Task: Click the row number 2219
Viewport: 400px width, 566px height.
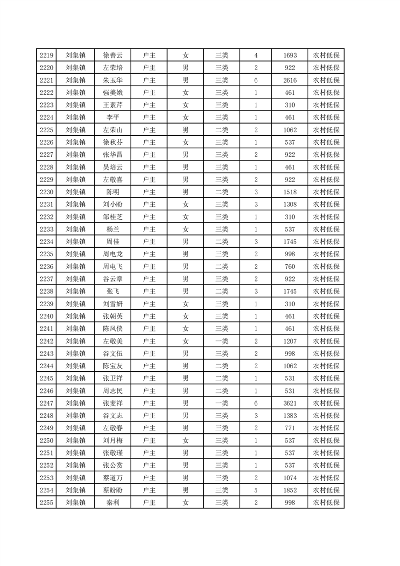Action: click(47, 55)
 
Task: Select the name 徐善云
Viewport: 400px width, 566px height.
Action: click(112, 55)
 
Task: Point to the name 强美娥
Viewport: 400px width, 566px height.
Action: click(112, 92)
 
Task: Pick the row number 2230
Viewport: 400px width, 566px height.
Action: click(47, 192)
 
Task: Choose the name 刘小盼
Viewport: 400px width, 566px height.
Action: click(112, 204)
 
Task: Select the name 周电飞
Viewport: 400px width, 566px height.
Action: click(112, 266)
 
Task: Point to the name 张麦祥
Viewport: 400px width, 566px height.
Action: click(112, 403)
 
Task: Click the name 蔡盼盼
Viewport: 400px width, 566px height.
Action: click(112, 490)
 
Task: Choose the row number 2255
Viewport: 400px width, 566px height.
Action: click(47, 502)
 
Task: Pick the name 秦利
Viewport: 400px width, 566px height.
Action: click(112, 502)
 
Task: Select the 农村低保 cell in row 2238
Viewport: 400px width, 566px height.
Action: click(326, 291)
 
